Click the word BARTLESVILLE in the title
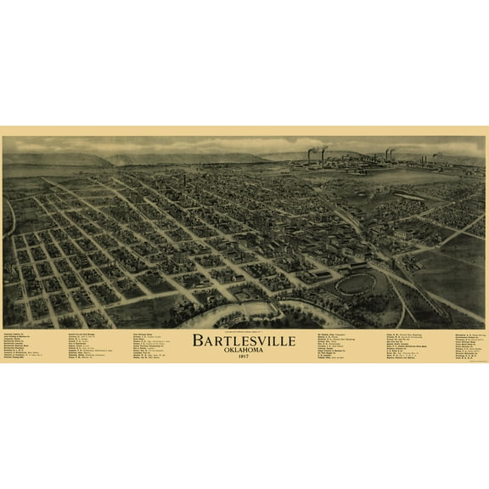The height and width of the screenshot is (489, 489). tap(244, 341)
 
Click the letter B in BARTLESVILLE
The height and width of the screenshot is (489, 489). tap(197, 341)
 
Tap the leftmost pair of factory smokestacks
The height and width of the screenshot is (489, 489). tap(315, 155)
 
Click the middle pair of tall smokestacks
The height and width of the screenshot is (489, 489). tap(389, 155)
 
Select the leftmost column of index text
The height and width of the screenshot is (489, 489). tap(25, 347)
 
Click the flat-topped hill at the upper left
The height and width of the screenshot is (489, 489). tap(59, 158)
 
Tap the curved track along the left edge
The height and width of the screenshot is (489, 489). tap(11, 216)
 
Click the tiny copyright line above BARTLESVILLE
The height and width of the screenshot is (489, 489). tap(244, 330)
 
